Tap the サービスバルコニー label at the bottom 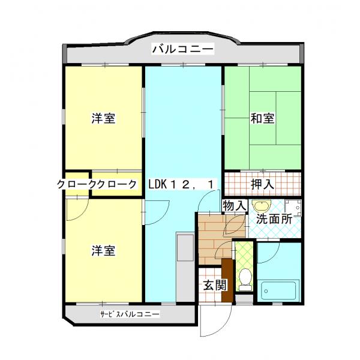coord(130,314)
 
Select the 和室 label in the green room coord(262,118)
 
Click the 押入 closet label coord(262,184)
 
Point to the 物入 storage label coord(235,205)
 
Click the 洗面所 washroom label coord(274,219)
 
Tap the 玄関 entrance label coord(210,286)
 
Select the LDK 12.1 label coord(181,184)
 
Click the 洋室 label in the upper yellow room coord(103,118)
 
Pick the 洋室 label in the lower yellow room coord(103,250)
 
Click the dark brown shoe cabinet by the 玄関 coord(227,280)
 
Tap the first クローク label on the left coord(78,185)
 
